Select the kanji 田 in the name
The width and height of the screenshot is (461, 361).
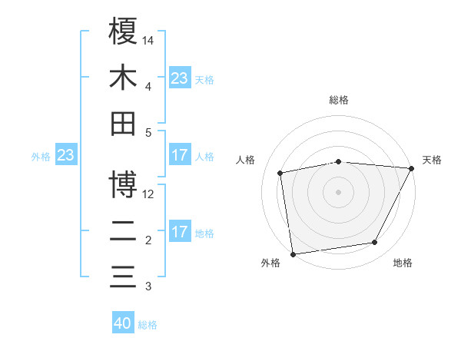(124, 124)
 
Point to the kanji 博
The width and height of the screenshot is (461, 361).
(124, 184)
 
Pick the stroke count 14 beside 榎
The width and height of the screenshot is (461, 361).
(148, 39)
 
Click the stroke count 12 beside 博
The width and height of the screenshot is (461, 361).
(148, 194)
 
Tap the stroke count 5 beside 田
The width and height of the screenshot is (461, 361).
(148, 132)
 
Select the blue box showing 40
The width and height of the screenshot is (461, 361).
(123, 323)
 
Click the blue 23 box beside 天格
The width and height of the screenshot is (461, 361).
(180, 78)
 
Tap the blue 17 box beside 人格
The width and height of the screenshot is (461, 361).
(180, 155)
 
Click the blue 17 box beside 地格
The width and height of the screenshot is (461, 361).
(180, 232)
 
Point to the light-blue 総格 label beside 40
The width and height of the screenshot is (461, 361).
(148, 325)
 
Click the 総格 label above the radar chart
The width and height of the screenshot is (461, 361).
(338, 100)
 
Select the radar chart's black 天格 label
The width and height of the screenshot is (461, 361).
(432, 160)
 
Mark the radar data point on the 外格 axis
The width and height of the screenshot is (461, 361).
(293, 253)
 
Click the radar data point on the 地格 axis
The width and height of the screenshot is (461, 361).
(375, 243)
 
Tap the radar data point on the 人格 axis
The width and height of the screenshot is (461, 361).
(280, 172)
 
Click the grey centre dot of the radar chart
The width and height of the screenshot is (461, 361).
(338, 191)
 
